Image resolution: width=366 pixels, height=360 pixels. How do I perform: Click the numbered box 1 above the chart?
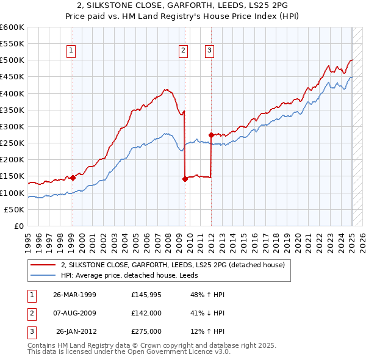(x=71, y=51)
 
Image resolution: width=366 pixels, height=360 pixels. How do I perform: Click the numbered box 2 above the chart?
(x=183, y=51)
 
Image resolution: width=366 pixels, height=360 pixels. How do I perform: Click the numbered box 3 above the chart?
(x=209, y=51)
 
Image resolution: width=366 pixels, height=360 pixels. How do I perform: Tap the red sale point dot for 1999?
(x=73, y=178)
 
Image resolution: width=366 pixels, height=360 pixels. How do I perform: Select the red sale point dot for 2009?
(x=185, y=179)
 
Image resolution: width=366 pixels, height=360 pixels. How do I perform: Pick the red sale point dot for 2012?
(x=211, y=134)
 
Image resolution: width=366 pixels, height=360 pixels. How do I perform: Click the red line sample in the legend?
(x=44, y=265)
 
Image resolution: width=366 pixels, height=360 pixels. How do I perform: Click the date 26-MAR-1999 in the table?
(x=75, y=295)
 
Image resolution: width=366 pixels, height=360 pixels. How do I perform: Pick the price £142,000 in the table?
(x=146, y=313)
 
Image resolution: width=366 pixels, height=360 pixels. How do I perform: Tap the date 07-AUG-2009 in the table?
(x=75, y=313)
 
